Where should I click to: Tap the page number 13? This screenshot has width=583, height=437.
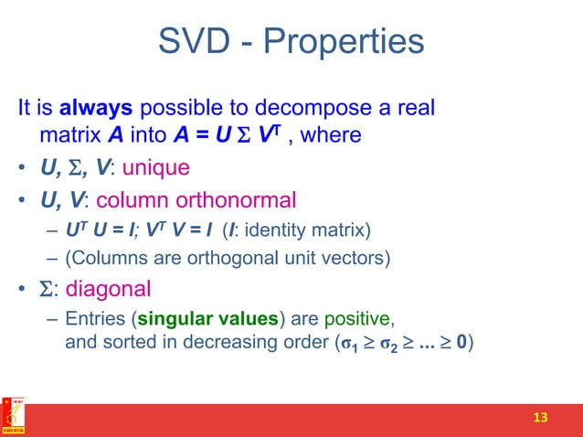coord(540,418)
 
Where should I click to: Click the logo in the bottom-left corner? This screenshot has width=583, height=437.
coord(13,417)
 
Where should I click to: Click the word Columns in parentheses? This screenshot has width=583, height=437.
coord(105,258)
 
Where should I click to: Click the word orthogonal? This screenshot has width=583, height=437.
coord(208,258)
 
